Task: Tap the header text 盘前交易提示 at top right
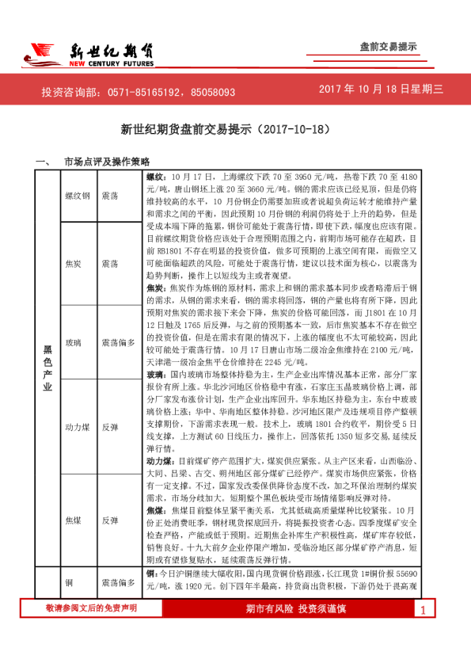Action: pos(388,48)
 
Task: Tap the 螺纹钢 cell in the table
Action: pos(78,195)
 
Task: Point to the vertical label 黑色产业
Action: pos(47,380)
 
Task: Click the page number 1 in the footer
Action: pos(424,632)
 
